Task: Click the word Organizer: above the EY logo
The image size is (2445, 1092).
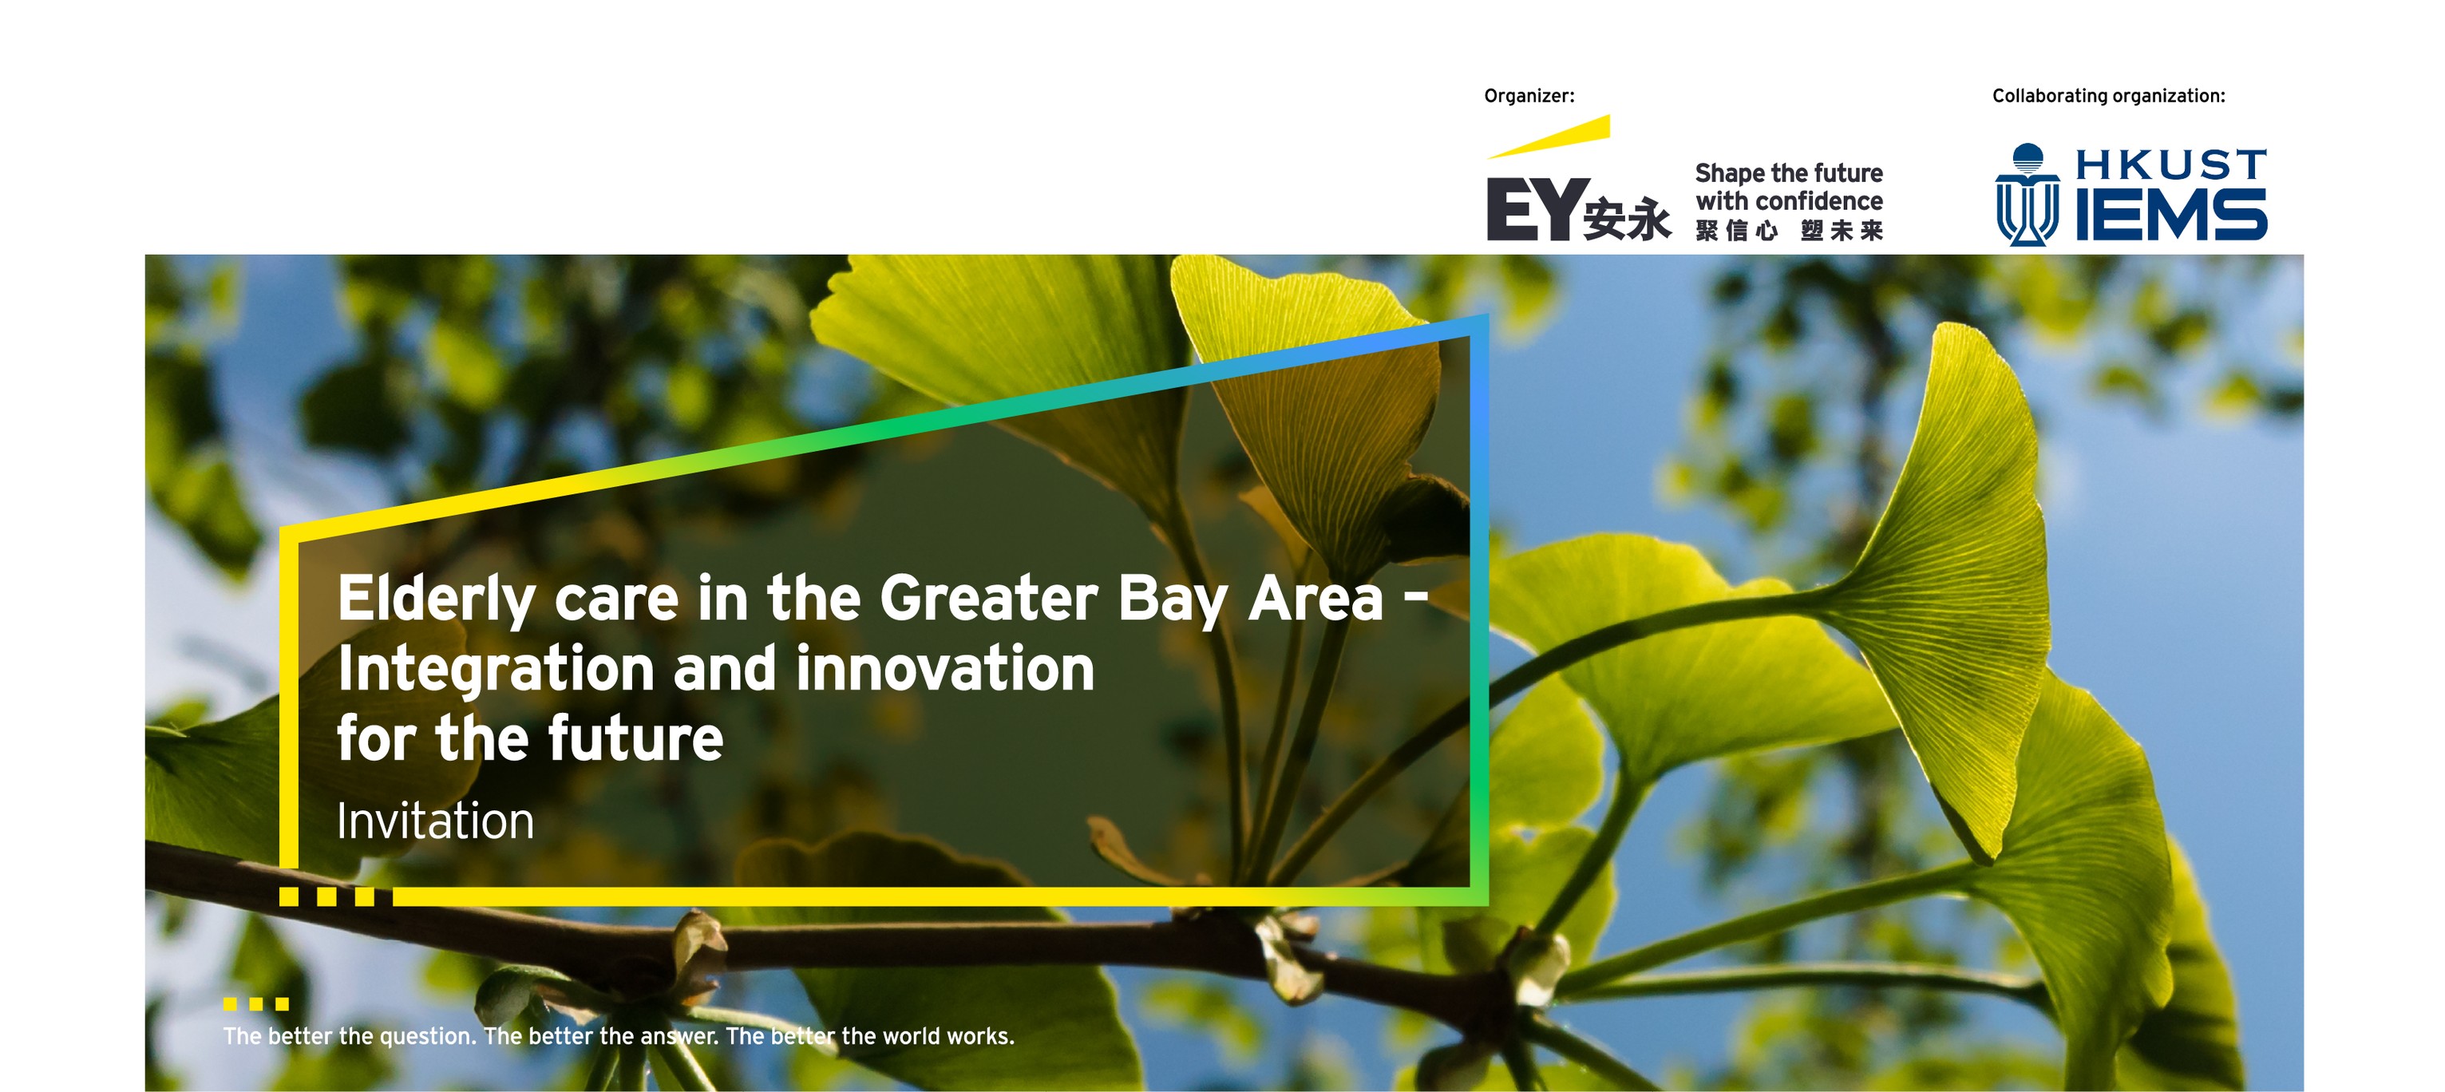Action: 1529,96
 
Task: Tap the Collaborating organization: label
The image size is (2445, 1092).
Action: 2108,96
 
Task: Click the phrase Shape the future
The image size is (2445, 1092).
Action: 1789,173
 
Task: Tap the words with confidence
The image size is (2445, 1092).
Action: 1789,201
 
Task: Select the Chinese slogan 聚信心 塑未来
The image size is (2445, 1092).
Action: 1789,231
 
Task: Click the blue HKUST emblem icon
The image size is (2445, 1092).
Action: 2028,195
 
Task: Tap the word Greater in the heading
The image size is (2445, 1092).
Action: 989,598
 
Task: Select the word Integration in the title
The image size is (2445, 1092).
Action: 497,671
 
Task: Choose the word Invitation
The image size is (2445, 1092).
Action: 436,821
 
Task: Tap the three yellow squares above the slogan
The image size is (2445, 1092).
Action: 256,1003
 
